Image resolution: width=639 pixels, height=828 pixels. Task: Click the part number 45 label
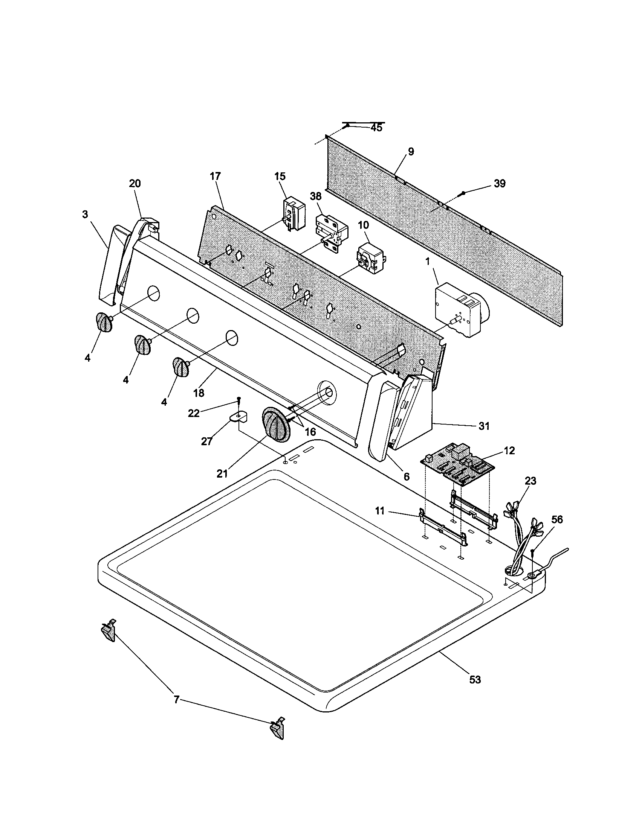pyautogui.click(x=376, y=128)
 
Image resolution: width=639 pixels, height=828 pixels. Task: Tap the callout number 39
pyautogui.click(x=499, y=184)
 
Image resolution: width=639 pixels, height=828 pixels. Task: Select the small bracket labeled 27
pyautogui.click(x=238, y=416)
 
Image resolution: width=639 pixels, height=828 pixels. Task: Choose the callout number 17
pyautogui.click(x=215, y=176)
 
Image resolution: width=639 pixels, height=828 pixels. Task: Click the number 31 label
pyautogui.click(x=483, y=426)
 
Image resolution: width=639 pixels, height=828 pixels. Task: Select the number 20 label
pyautogui.click(x=135, y=184)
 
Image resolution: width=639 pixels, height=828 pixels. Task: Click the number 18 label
pyautogui.click(x=199, y=393)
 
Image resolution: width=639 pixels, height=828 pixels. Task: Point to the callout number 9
pyautogui.click(x=411, y=152)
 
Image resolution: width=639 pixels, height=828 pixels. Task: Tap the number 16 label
pyautogui.click(x=310, y=432)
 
